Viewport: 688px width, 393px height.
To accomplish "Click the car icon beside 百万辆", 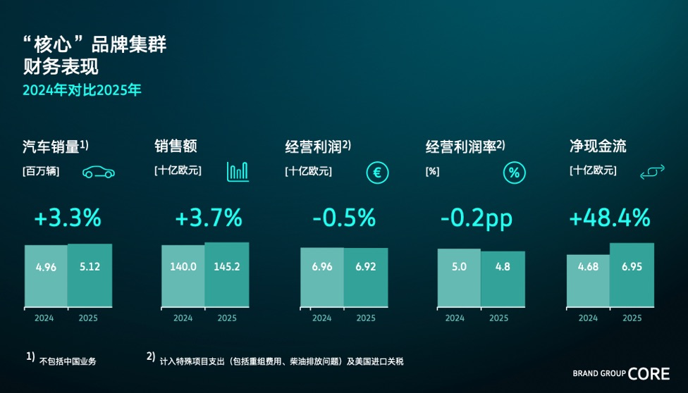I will coord(99,173).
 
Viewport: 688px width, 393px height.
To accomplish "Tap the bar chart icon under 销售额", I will coord(238,171).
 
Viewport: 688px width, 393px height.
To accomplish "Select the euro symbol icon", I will coord(377,173).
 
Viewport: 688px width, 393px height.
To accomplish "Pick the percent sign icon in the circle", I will coord(514,173).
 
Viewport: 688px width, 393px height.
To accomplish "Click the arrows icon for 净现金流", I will coord(652,173).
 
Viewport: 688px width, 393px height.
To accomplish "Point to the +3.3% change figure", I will coord(68,218).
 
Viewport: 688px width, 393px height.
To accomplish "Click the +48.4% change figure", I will coord(609,218).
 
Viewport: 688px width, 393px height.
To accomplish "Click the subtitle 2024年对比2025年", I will coord(82,90).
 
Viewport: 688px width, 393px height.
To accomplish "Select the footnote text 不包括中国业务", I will coord(68,361).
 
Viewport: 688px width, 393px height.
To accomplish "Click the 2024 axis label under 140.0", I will coord(183,318).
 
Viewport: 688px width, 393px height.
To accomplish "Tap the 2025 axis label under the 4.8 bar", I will coord(498,318).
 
